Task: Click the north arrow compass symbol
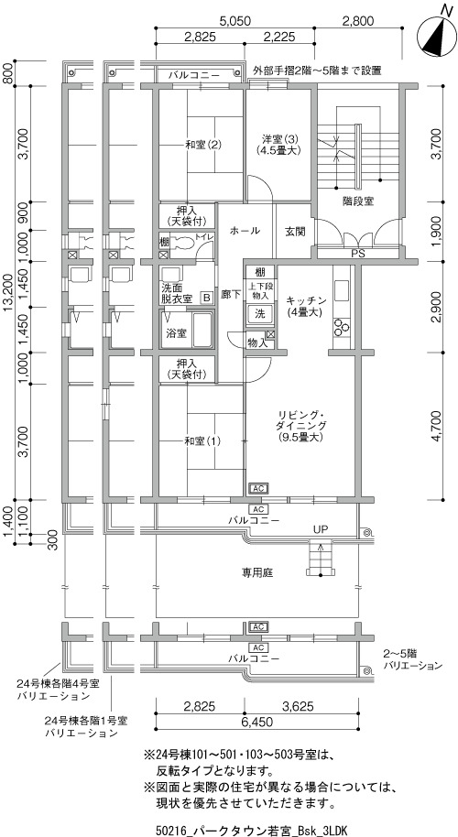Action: [x=437, y=35]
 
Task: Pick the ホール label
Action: [x=245, y=231]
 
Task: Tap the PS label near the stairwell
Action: [x=357, y=254]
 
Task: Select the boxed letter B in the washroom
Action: [x=205, y=298]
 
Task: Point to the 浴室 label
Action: [x=177, y=333]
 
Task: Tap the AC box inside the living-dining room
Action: [x=257, y=488]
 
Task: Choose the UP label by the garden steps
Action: [x=321, y=529]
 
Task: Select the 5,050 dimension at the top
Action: [x=234, y=21]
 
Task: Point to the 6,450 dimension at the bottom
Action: [x=257, y=723]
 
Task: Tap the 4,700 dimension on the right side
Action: [x=437, y=426]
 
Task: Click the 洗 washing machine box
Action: [x=259, y=313]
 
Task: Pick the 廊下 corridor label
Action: [x=231, y=295]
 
